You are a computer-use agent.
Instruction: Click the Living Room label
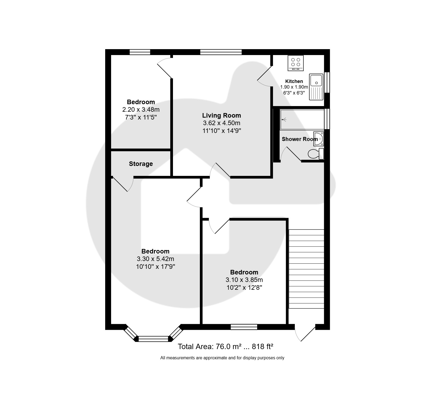coord(221,115)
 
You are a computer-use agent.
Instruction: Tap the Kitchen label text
coord(294,81)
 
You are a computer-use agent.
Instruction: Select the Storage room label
coord(141,164)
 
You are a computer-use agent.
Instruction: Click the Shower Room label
coord(300,139)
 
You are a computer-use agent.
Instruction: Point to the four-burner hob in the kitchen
coord(296,63)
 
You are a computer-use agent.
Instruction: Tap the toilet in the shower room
coord(316,154)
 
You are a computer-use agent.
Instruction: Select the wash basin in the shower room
coord(318,139)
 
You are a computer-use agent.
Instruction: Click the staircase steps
coord(306,269)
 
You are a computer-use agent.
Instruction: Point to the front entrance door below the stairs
coord(305,333)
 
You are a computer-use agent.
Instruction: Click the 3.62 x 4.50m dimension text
coord(221,123)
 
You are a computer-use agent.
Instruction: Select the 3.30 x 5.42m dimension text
coord(155,259)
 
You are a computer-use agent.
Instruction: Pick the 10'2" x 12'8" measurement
coord(244,288)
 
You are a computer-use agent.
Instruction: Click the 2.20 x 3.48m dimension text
coord(141,110)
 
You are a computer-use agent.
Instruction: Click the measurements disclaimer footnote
coord(222,358)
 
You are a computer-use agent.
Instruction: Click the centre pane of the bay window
coord(154,339)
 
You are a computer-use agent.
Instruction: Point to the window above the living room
coord(221,52)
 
